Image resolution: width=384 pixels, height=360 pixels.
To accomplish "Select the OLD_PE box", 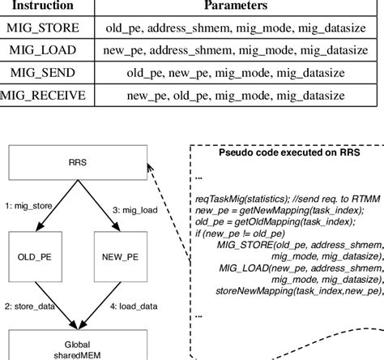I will (40, 255).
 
